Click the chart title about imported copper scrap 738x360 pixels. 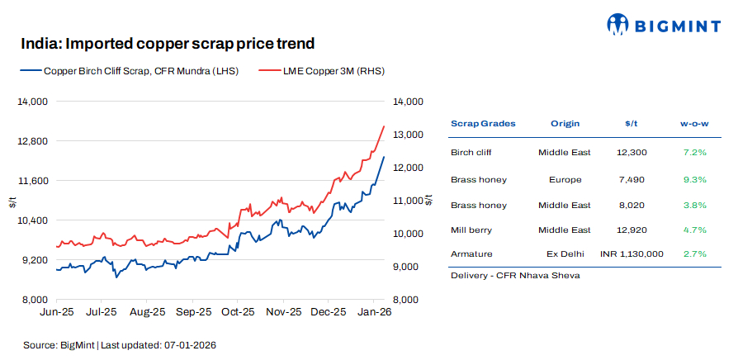(168, 43)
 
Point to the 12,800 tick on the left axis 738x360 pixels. (34, 141)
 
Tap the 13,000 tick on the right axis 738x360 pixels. (408, 135)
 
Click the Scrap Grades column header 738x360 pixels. (483, 123)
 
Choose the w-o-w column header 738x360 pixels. (694, 123)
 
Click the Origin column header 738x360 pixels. (565, 123)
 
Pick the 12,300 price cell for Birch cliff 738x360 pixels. (632, 153)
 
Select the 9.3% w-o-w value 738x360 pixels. (695, 179)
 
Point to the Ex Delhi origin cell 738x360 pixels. (565, 254)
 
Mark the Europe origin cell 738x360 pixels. (565, 179)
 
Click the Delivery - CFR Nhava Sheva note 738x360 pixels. (515, 275)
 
